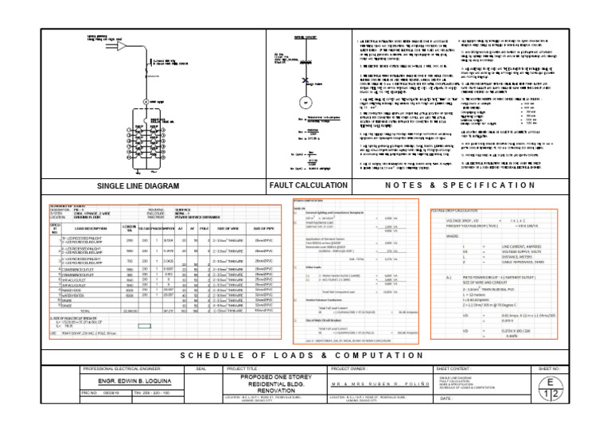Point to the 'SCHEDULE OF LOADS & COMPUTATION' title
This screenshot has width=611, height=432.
point(305,355)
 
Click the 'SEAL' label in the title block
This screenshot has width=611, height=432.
point(201,368)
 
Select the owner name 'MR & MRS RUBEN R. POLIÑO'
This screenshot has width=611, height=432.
point(379,383)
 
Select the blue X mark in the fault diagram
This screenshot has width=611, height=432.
point(302,80)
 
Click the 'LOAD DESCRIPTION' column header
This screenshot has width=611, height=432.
point(88,228)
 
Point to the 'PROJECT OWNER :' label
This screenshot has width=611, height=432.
point(352,368)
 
